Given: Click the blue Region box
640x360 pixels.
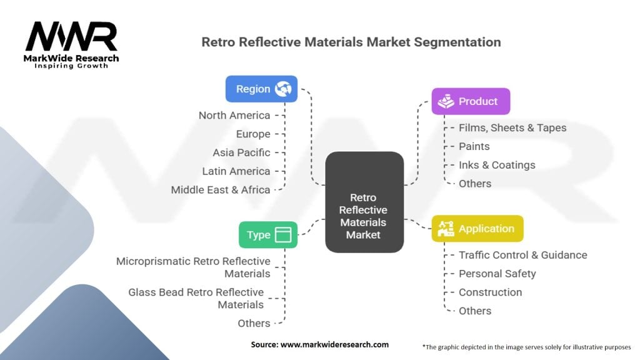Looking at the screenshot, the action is pyautogui.click(x=261, y=89).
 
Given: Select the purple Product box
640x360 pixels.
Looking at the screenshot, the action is pyautogui.click(x=471, y=101).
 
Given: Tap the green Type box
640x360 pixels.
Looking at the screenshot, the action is pyautogui.click(x=267, y=235).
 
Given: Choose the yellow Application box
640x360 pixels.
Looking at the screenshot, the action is pyautogui.click(x=477, y=229).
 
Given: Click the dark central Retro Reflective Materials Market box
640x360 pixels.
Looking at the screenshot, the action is pyautogui.click(x=364, y=202).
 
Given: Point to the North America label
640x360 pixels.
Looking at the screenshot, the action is pyautogui.click(x=234, y=116).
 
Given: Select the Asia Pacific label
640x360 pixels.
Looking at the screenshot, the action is pyautogui.click(x=241, y=152).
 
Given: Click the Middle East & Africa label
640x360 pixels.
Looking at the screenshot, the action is pyautogui.click(x=221, y=190).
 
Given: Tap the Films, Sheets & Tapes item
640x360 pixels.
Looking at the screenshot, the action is pyautogui.click(x=512, y=127).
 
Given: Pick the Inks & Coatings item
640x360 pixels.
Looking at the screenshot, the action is pyautogui.click(x=497, y=165).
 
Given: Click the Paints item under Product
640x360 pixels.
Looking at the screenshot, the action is pyautogui.click(x=474, y=146).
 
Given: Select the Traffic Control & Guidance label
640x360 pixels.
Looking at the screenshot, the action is pyautogui.click(x=523, y=255).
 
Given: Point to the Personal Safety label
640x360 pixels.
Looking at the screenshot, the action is pyautogui.click(x=497, y=274).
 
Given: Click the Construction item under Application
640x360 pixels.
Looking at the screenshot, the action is pyautogui.click(x=490, y=292).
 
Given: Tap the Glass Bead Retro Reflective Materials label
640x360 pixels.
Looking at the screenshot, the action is pyautogui.click(x=196, y=298).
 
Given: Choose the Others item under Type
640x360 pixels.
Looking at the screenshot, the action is pyautogui.click(x=254, y=323).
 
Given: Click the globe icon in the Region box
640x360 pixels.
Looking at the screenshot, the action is pyautogui.click(x=283, y=89).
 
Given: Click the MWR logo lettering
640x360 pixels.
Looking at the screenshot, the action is pyautogui.click(x=71, y=36).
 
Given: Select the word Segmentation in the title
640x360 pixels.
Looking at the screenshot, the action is pyautogui.click(x=457, y=42).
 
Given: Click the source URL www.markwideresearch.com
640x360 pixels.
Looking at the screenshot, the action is pyautogui.click(x=334, y=344).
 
